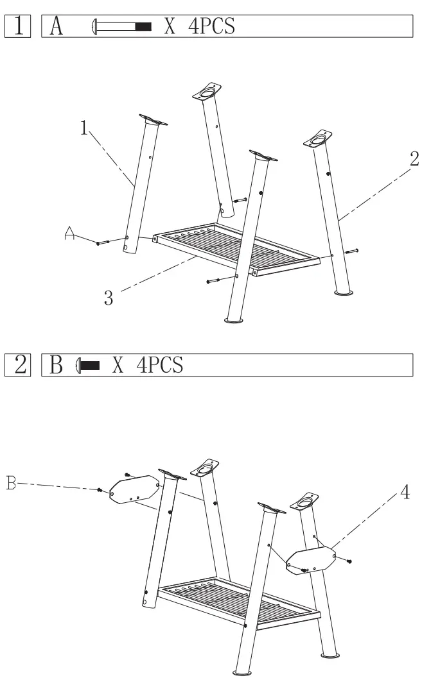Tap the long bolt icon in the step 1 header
[122, 27]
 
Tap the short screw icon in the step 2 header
[88, 366]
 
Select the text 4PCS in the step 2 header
[160, 366]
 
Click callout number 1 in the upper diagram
[84, 128]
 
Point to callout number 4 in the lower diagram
[405, 493]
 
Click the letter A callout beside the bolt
[70, 236]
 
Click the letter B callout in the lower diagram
[11, 482]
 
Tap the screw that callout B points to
[100, 490]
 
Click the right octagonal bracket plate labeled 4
[311, 560]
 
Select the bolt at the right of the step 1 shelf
[352, 251]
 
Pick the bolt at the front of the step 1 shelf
[214, 280]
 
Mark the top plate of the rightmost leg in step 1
[318, 139]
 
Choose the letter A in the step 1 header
[56, 27]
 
